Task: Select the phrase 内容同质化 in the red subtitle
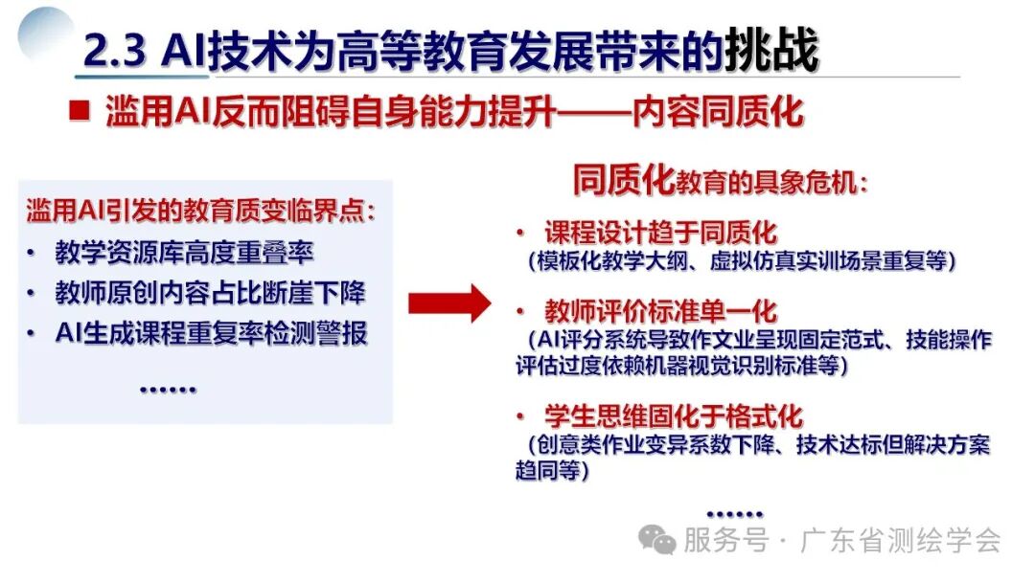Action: point(717,112)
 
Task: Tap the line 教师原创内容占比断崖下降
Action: point(210,293)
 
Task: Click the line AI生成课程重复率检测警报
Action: point(210,333)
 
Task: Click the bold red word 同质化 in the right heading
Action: point(623,179)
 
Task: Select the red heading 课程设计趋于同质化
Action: point(660,233)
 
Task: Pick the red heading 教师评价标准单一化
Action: point(660,312)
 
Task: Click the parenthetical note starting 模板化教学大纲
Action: point(743,260)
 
